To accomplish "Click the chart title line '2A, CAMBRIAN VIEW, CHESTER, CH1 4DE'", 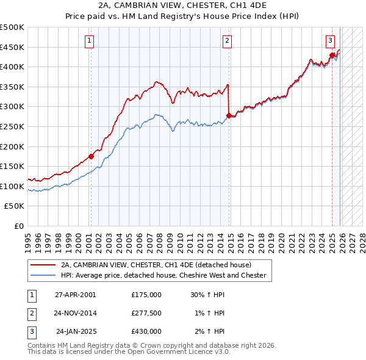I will click(x=182, y=6).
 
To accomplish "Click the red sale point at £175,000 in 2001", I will click(x=91, y=156).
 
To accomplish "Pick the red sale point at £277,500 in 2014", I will click(x=229, y=115).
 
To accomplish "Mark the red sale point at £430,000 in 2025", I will click(x=332, y=55).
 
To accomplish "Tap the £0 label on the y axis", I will click(x=19, y=226).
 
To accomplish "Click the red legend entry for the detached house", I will click(x=156, y=265).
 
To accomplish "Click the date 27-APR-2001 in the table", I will click(x=75, y=294).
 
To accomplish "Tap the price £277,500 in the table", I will click(x=146, y=313).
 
